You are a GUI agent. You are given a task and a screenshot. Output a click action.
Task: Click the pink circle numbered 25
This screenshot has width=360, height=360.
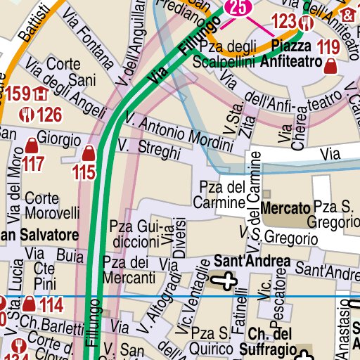tap(238, 8)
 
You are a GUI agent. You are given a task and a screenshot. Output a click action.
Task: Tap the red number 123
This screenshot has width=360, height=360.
tap(284, 22)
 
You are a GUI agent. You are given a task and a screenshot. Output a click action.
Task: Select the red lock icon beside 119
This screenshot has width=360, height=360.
tap(331, 67)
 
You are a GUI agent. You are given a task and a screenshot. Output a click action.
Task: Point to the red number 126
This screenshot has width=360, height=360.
tap(49, 114)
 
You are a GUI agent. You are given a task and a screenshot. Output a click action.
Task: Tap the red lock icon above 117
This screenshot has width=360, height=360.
tap(32, 146)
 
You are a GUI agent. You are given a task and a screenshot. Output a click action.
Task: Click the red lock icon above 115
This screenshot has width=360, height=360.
tap(89, 153)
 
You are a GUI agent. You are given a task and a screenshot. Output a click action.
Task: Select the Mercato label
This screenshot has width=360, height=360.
tap(285, 209)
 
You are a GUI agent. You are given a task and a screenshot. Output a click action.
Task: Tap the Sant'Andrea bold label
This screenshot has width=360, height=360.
tap(252, 262)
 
